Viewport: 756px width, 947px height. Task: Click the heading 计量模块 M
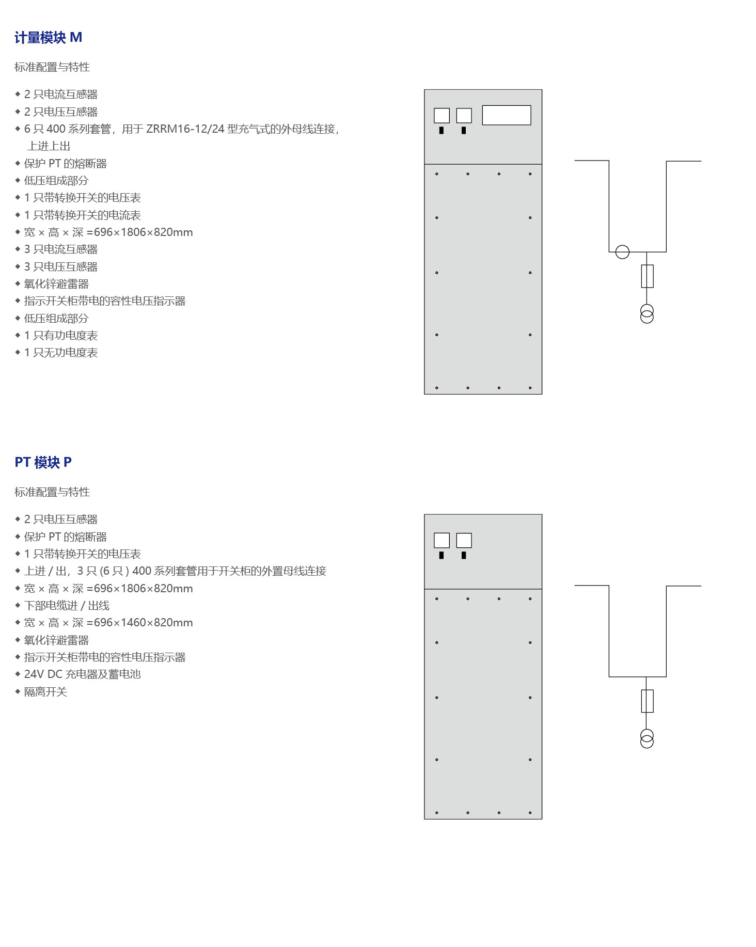coord(48,38)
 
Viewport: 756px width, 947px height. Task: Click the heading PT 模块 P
coord(43,462)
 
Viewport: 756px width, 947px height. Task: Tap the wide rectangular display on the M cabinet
coord(506,115)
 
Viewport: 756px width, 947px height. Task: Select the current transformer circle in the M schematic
coord(622,252)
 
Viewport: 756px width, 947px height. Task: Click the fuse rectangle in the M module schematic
coord(647,276)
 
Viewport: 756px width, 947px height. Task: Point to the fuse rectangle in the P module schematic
coord(647,701)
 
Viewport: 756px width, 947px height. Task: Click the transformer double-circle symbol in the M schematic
coord(647,314)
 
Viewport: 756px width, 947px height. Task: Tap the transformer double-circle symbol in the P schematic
coord(647,739)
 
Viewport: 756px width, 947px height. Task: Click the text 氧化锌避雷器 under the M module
coord(56,284)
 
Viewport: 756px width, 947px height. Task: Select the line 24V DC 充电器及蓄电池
coord(82,674)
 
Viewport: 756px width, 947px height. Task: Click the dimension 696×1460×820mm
coord(143,623)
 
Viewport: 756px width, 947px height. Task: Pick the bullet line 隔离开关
coord(45,692)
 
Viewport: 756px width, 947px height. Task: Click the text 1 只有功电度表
coord(61,336)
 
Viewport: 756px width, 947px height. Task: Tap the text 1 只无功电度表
coord(61,353)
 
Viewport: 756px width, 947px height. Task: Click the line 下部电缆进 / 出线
coord(67,606)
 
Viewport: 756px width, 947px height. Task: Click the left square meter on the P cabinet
coord(442,540)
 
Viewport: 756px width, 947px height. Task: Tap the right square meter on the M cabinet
coord(464,115)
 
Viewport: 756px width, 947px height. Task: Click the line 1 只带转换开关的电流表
coord(82,215)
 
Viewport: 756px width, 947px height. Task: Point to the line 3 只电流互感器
coord(61,249)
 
